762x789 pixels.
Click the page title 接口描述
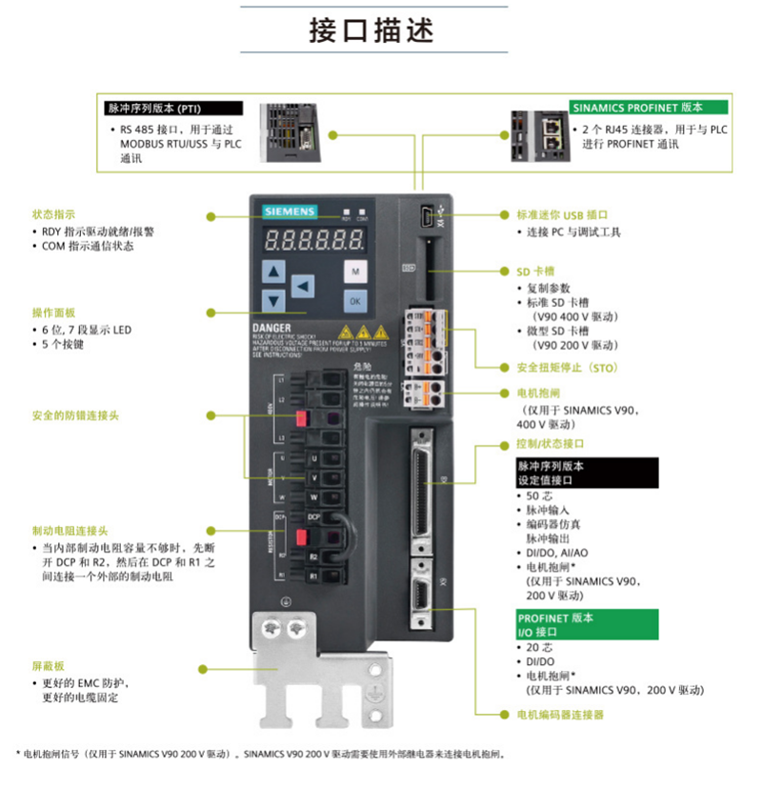point(371,30)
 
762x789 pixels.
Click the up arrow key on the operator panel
point(274,272)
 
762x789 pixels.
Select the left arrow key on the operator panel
point(303,285)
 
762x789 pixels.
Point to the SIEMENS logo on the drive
point(282,211)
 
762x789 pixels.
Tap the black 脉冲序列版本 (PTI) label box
point(153,109)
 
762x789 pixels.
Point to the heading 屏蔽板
point(46,665)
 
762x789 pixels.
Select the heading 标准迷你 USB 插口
point(561,215)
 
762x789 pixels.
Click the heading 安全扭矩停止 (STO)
point(568,367)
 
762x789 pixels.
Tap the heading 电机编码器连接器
point(560,714)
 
